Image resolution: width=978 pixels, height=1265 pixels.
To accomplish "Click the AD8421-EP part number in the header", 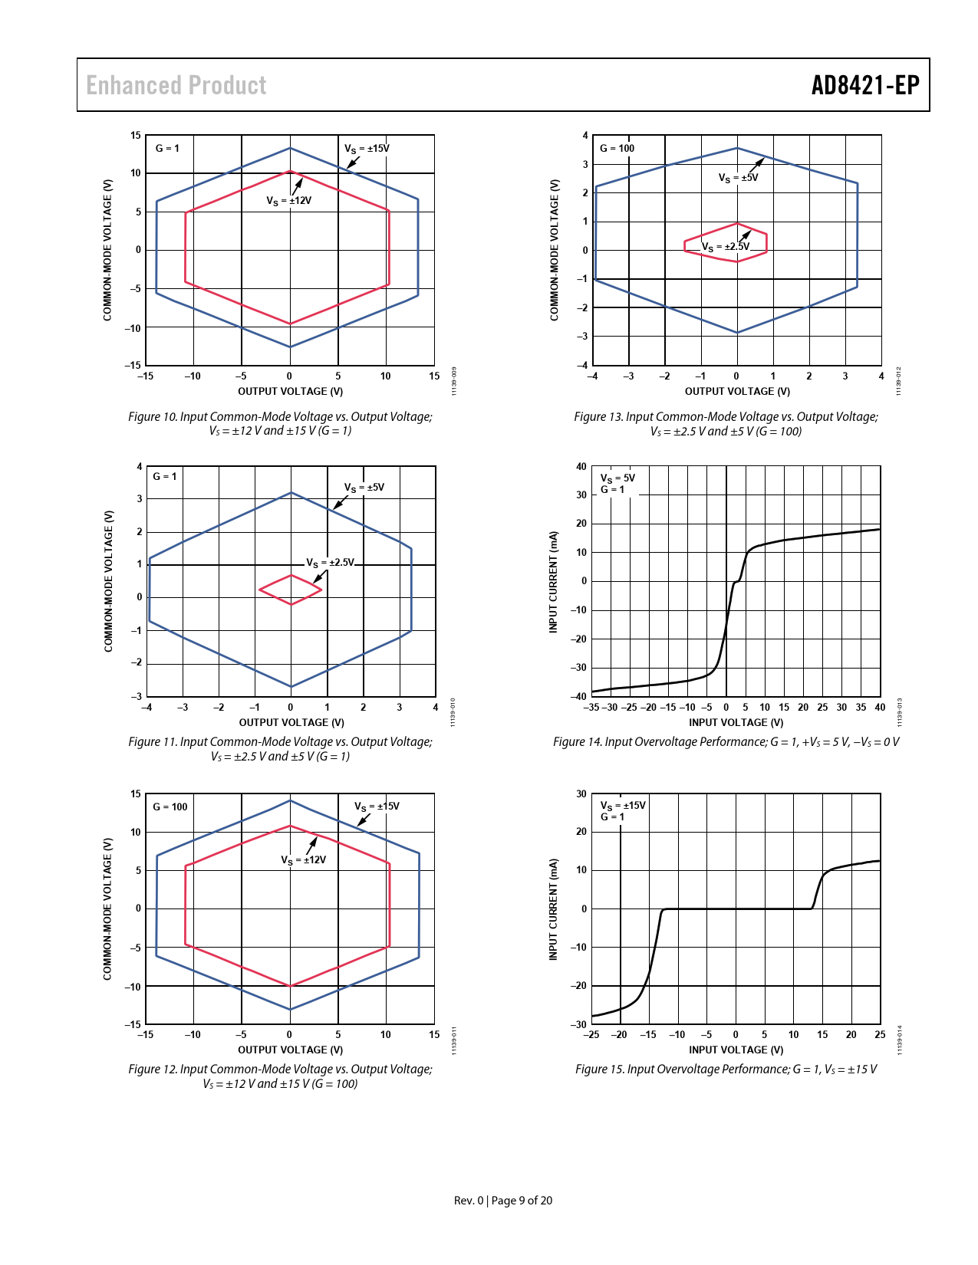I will point(864,85).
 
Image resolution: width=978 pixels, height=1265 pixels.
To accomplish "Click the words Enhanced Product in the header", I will point(176,85).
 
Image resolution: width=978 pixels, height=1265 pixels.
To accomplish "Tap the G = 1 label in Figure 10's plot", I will point(167,148).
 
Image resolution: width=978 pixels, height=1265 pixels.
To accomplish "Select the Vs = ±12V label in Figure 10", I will point(288,201).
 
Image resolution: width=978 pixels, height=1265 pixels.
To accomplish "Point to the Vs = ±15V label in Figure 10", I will point(366,149).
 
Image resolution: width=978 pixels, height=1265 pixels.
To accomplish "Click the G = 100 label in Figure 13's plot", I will point(617,148).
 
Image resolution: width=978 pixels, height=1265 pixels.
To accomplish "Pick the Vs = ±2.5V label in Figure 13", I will point(725,247).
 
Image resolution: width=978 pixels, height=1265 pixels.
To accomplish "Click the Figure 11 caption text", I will point(280,749).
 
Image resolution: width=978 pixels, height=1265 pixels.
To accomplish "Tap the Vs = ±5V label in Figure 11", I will point(364,488).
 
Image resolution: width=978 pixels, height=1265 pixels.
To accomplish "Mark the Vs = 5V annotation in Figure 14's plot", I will point(617,478).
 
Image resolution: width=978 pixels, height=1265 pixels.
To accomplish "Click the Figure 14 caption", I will point(726,742).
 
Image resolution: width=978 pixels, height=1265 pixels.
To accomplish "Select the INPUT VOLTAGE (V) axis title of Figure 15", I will point(736,1050).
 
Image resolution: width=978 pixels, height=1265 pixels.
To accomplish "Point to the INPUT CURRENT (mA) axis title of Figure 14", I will point(553,582).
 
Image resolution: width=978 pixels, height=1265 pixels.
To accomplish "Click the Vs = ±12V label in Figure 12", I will point(303,860).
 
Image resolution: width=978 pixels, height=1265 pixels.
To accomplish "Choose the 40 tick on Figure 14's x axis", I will point(880,708).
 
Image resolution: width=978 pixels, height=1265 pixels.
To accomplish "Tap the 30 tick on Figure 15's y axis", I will point(581,793).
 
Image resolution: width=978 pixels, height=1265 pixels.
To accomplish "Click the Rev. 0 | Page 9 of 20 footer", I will point(502,1201).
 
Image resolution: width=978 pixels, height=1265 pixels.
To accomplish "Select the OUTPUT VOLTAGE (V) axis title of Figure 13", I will point(737,391).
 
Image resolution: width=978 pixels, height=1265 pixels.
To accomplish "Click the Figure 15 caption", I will point(726,1069).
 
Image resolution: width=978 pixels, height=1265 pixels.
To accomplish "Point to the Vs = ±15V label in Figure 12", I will point(377,807).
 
